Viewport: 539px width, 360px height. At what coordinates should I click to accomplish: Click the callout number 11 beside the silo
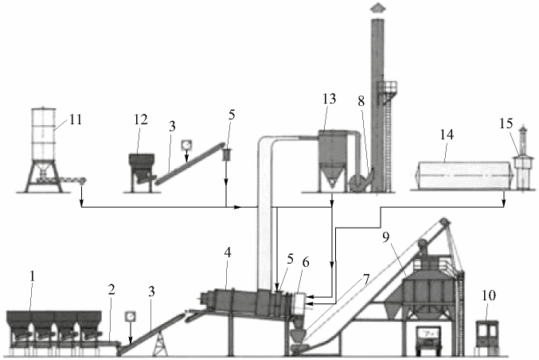(76, 119)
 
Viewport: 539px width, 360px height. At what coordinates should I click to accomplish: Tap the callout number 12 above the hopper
(141, 119)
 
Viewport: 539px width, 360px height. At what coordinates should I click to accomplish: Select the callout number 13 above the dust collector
(329, 99)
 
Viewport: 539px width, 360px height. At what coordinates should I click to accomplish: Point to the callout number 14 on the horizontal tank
(447, 135)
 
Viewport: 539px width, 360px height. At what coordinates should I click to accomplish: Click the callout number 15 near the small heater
(506, 123)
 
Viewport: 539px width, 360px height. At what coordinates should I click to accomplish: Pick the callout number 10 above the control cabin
(489, 295)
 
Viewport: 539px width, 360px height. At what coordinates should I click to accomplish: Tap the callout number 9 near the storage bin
(386, 237)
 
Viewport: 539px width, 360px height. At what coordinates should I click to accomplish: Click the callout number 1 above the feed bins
(33, 276)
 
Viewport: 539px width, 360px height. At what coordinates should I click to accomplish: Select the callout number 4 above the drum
(228, 253)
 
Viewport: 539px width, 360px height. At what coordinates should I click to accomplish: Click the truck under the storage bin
(428, 340)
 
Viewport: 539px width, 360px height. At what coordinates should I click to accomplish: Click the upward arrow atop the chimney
(377, 8)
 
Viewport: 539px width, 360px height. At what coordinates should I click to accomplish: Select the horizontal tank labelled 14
(464, 175)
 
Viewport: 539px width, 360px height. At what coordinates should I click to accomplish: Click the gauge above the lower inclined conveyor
(130, 316)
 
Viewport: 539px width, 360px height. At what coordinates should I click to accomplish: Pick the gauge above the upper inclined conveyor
(186, 145)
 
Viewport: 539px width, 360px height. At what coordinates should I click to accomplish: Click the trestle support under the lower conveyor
(160, 344)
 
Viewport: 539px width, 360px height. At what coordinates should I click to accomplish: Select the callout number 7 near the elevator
(366, 280)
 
